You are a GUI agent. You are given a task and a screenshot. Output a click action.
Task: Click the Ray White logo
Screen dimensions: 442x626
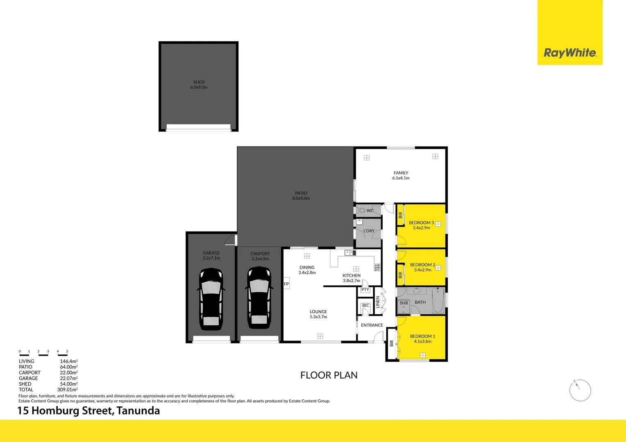pyautogui.click(x=570, y=53)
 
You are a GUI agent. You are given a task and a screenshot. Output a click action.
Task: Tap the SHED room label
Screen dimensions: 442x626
pyautogui.click(x=199, y=82)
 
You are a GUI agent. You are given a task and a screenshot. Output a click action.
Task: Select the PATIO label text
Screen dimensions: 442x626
pyautogui.click(x=301, y=193)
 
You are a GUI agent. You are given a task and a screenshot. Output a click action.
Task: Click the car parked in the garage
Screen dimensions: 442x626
pyautogui.click(x=211, y=299)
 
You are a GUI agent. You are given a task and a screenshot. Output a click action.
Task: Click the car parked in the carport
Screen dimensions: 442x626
pyautogui.click(x=259, y=298)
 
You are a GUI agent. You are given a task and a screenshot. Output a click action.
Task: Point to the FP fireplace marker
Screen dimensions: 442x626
pyautogui.click(x=286, y=284)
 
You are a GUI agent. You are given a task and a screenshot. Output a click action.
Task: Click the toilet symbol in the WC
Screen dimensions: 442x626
pyautogui.click(x=361, y=210)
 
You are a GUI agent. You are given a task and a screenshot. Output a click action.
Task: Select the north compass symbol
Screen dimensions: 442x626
pyautogui.click(x=580, y=390)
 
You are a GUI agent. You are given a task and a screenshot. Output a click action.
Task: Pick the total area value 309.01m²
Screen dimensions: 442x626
pyautogui.click(x=68, y=390)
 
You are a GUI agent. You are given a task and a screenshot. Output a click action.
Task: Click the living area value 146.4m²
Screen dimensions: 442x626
pyautogui.click(x=69, y=361)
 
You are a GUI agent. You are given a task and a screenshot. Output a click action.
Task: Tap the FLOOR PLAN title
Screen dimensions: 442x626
pyautogui.click(x=329, y=375)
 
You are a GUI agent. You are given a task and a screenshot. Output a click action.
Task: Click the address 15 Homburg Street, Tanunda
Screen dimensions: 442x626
pyautogui.click(x=88, y=410)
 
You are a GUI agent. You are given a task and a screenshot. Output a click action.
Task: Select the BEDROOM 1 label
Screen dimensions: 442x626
pyautogui.click(x=422, y=336)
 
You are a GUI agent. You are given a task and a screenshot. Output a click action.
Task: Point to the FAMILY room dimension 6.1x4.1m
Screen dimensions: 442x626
pyautogui.click(x=401, y=178)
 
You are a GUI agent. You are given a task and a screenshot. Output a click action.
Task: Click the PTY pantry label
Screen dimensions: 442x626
pyautogui.click(x=365, y=290)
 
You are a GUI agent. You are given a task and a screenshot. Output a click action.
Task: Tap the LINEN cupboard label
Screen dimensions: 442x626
pyautogui.click(x=378, y=302)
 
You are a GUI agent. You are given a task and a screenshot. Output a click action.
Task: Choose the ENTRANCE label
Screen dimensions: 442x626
pyautogui.click(x=372, y=325)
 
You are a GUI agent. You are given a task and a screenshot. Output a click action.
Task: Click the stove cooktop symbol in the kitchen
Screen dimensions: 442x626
pyautogui.click(x=377, y=268)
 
